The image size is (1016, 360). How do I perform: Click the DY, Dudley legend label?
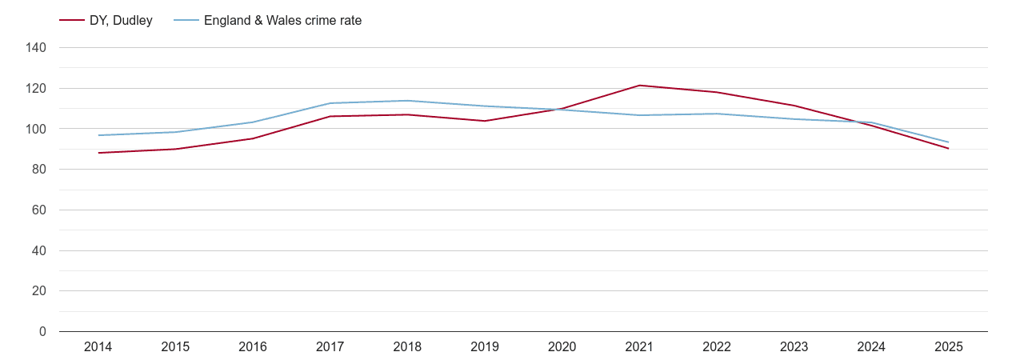(121, 21)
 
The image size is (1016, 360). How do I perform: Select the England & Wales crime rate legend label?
(282, 21)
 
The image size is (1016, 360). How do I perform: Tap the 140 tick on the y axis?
(37, 48)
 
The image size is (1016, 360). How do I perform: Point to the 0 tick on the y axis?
(42, 332)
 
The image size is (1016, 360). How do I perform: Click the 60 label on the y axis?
(39, 210)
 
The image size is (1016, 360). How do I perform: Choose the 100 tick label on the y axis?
(37, 129)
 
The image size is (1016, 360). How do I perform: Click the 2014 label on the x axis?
(98, 347)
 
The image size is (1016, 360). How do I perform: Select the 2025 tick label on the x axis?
(948, 347)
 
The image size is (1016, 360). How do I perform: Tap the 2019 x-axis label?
(485, 347)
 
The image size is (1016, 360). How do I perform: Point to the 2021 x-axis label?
(639, 347)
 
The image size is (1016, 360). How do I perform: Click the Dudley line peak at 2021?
(639, 86)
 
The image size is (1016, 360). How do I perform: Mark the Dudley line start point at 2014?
(98, 153)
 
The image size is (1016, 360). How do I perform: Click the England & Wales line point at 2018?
(407, 101)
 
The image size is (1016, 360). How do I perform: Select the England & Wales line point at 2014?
(98, 135)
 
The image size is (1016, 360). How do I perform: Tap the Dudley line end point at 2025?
(948, 148)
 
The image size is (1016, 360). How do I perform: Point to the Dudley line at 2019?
(485, 121)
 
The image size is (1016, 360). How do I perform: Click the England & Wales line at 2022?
(717, 114)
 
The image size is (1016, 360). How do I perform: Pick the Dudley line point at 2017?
(330, 117)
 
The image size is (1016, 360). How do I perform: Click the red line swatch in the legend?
(72, 21)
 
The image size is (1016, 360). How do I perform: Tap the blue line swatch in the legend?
(186, 21)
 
